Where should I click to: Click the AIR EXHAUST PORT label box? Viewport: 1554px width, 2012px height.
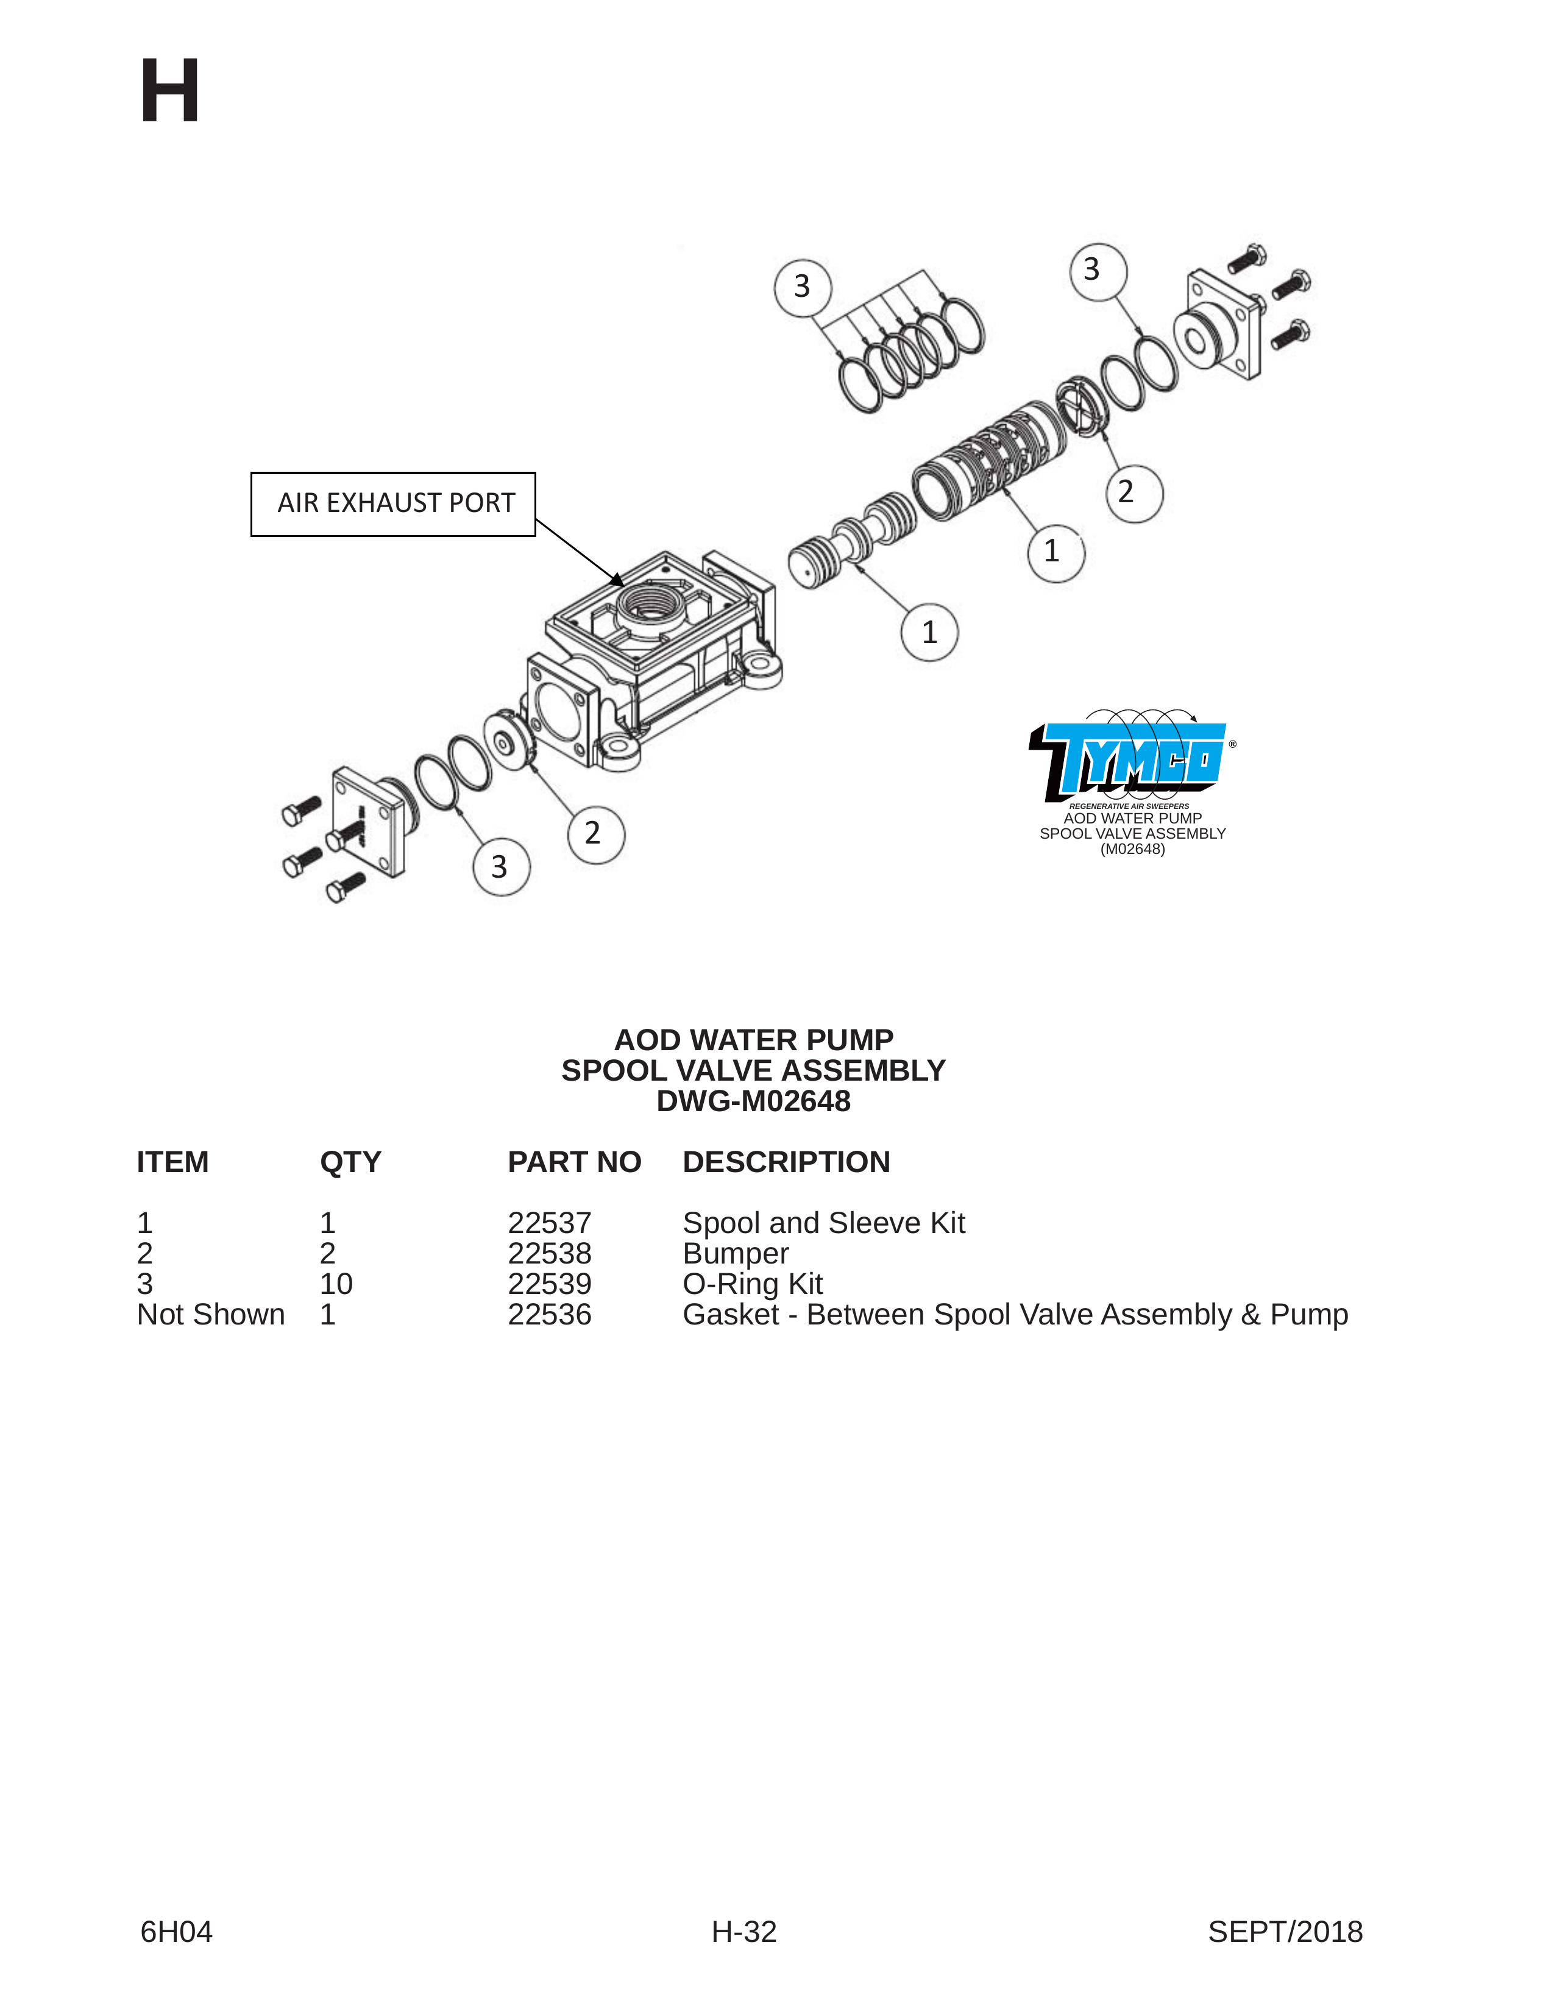pos(393,504)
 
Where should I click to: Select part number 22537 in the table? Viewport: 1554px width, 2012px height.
pos(549,1223)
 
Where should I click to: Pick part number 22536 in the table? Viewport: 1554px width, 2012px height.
pos(549,1313)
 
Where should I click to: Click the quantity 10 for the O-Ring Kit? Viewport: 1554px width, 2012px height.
pos(336,1283)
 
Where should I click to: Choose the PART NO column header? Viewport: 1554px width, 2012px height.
pos(574,1162)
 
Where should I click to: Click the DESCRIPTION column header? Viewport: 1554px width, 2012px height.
pos(786,1162)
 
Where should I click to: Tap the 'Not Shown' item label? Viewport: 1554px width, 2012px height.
pos(211,1313)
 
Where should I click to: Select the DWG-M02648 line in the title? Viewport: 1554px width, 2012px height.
pos(753,1101)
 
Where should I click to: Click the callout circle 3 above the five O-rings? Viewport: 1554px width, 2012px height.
pos(803,286)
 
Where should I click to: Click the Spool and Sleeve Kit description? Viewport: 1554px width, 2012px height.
pos(823,1223)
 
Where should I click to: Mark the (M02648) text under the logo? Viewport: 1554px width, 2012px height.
pos(1132,850)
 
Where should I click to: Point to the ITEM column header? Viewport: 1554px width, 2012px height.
pos(172,1162)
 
